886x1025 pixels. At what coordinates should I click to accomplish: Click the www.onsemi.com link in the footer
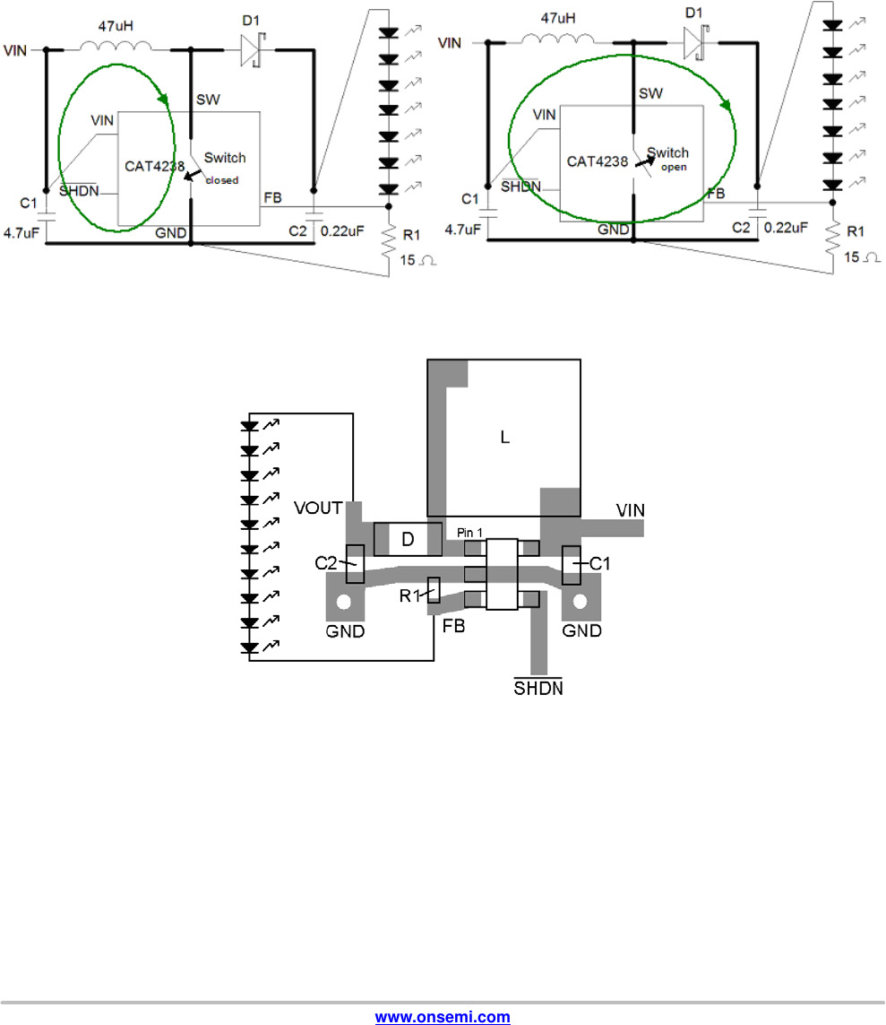(443, 1017)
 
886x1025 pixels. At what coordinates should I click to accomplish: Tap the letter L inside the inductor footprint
(504, 438)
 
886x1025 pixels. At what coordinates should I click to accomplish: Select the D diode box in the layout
(409, 539)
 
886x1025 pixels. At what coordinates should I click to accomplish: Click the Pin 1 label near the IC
(469, 533)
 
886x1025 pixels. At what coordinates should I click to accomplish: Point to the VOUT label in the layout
(318, 508)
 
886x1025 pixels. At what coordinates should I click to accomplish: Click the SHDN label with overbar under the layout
(538, 688)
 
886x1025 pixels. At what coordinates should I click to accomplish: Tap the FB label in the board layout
(453, 626)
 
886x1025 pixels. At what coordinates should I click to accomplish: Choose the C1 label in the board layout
(599, 563)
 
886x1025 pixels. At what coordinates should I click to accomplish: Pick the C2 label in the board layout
(326, 563)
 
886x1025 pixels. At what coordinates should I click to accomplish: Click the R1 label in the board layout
(409, 595)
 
